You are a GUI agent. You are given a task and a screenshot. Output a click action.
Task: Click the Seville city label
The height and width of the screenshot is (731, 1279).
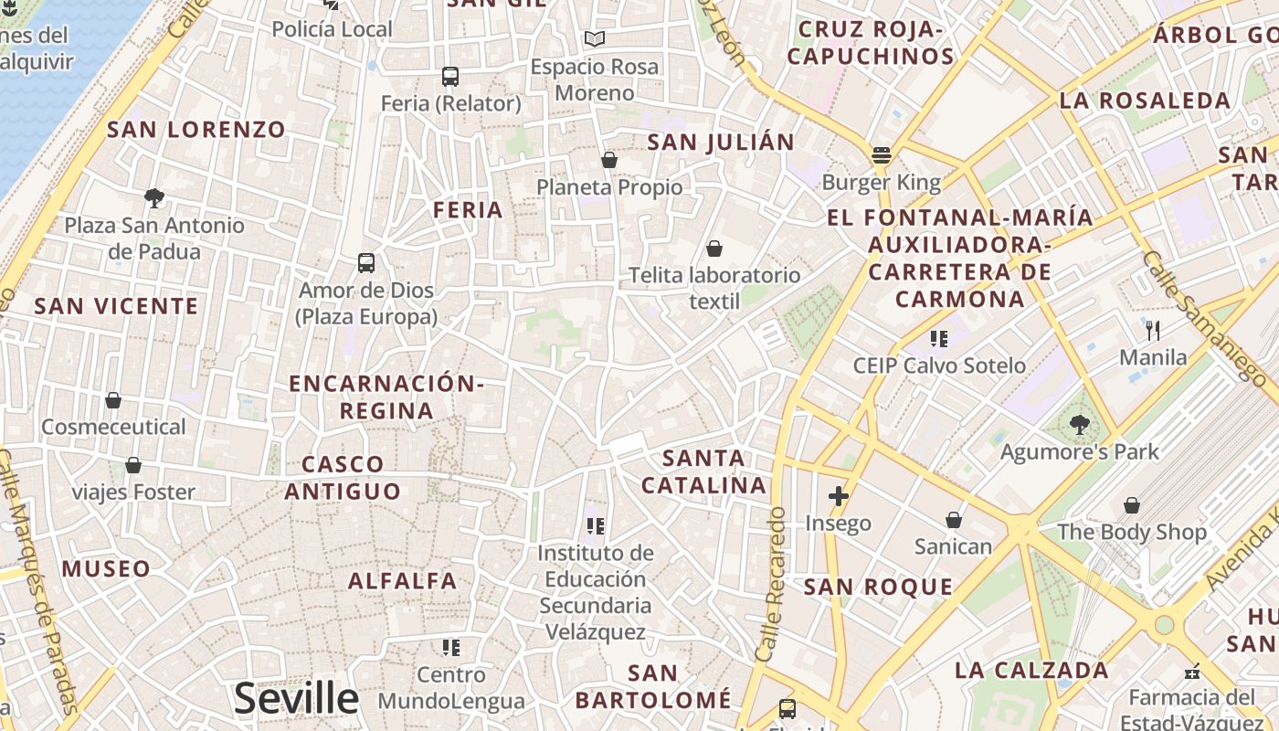(x=296, y=699)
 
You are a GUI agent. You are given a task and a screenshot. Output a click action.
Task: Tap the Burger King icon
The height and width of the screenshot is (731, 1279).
(x=882, y=155)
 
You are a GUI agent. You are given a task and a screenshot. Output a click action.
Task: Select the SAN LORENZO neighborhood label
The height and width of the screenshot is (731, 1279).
(x=196, y=130)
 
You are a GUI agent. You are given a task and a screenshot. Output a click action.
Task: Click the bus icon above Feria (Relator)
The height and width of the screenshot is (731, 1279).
(x=450, y=77)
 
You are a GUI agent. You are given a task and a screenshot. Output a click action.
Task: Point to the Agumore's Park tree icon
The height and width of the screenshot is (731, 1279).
(x=1079, y=425)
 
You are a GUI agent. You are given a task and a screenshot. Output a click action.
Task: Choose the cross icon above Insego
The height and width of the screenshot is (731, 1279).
(x=838, y=496)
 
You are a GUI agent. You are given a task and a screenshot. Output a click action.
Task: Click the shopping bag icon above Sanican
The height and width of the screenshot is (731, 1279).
(x=953, y=520)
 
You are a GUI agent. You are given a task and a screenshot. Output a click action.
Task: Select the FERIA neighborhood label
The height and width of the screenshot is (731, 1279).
(x=468, y=210)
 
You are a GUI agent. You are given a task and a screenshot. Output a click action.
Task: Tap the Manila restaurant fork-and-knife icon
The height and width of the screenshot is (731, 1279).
(x=1153, y=330)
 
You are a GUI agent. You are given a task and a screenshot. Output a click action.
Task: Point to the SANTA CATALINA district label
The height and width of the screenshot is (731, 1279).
(x=703, y=471)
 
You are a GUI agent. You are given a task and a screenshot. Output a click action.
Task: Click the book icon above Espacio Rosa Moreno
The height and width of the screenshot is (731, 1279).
(x=595, y=39)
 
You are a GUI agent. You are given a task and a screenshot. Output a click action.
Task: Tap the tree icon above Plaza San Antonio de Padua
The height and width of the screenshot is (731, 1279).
(x=154, y=197)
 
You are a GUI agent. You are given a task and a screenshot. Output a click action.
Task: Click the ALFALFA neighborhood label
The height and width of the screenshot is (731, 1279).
(x=402, y=581)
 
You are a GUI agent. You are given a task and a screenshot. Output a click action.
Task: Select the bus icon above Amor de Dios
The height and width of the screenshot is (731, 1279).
(x=366, y=263)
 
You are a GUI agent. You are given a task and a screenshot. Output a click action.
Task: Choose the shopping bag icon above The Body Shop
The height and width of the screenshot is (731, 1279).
(x=1131, y=505)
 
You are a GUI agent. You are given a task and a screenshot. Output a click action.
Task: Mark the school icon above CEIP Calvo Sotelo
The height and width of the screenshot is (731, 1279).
(x=938, y=339)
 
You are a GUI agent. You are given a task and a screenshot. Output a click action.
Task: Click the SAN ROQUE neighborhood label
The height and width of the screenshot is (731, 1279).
(x=878, y=587)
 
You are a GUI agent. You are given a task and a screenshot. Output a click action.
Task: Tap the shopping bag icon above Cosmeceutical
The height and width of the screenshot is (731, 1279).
(x=113, y=400)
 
